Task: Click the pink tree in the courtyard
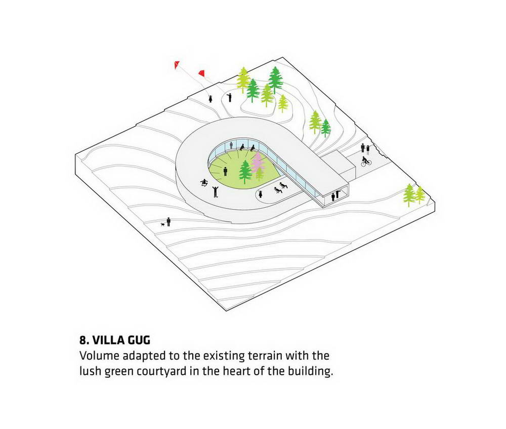pos(258,163)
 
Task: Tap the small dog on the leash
pos(163,224)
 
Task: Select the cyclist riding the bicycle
pos(366,161)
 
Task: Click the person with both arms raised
pos(215,191)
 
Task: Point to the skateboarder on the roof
pos(203,183)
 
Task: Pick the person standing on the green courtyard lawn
pos(225,171)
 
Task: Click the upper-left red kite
pos(177,65)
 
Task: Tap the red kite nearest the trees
pos(201,74)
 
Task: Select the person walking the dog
pos(168,222)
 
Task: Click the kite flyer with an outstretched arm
pos(229,97)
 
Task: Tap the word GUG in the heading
pos(139,340)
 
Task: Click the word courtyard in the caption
pos(161,371)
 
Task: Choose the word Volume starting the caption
pos(99,356)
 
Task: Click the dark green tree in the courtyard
pos(245,171)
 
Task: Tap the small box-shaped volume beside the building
pos(340,166)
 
